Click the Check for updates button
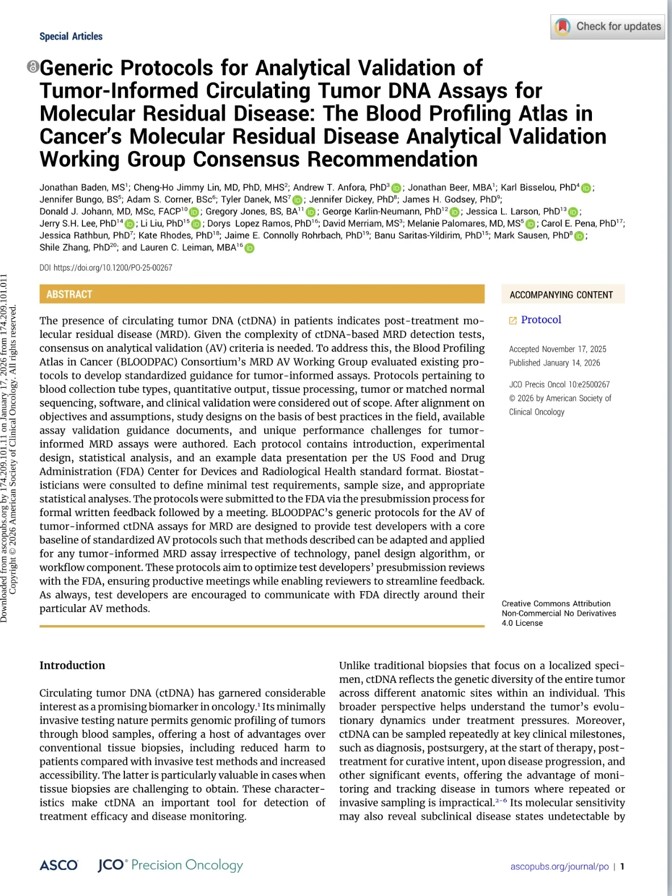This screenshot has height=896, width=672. click(x=607, y=27)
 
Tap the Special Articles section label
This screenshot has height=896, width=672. click(x=71, y=36)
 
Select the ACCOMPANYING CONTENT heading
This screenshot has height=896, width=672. click(x=561, y=295)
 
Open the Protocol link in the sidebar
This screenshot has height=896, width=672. click(x=541, y=320)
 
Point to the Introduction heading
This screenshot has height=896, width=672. click(x=72, y=665)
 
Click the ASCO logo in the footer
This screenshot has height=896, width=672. click(x=59, y=865)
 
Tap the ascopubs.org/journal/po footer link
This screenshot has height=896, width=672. click(x=559, y=866)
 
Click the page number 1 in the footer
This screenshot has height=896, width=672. click(x=623, y=866)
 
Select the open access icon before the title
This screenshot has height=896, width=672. click(x=33, y=67)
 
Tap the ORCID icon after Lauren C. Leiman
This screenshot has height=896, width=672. click(x=249, y=248)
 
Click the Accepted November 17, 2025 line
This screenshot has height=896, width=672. click(x=557, y=349)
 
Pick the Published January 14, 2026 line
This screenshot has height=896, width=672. click(x=554, y=363)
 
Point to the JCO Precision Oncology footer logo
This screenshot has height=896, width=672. click(x=170, y=865)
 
